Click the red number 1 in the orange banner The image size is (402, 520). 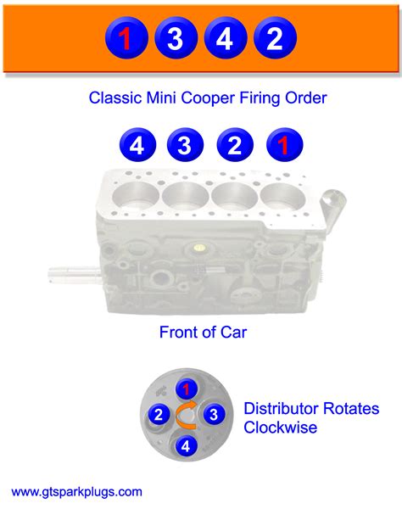[x=126, y=38]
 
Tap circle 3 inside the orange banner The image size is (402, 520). [x=176, y=38]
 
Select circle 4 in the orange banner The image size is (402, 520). [x=224, y=38]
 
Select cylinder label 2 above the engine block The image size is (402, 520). [x=233, y=145]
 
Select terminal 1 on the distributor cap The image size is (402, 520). [x=188, y=389]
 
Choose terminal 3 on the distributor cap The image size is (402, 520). [x=215, y=415]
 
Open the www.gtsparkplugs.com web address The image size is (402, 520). [x=77, y=491]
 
